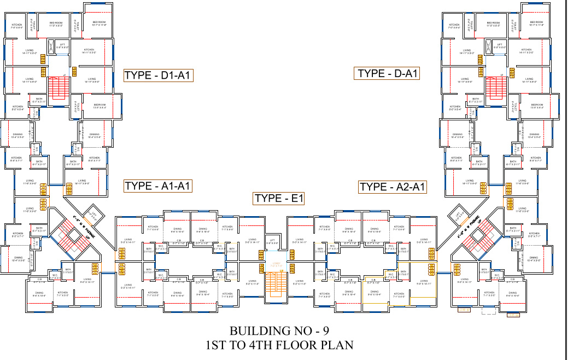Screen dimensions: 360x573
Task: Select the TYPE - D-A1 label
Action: coord(388,73)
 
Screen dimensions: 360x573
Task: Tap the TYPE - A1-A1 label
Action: coord(157,186)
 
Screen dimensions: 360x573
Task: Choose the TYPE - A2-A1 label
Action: coord(393,187)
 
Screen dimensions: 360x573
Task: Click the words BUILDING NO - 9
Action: coord(279,331)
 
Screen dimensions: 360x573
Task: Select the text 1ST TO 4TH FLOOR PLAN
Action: coord(279,345)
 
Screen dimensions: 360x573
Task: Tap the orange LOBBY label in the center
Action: coord(277,264)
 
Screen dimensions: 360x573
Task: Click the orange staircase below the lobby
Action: coord(277,284)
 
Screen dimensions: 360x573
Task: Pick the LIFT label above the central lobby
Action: coord(272,241)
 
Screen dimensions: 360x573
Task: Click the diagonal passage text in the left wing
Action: coord(81,229)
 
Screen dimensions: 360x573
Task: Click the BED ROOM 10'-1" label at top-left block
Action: coord(99,24)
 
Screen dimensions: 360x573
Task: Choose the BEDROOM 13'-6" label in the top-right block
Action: coord(537,106)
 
